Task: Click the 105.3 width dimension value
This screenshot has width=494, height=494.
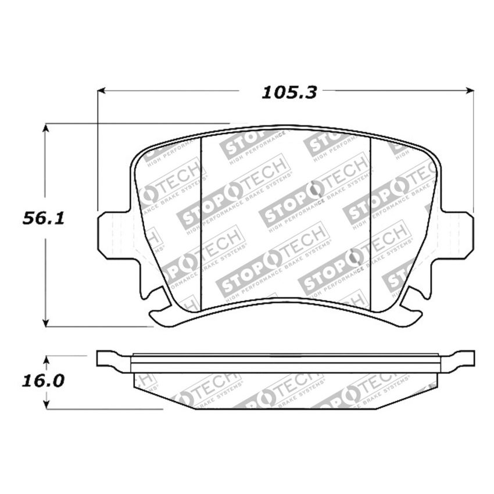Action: tap(288, 92)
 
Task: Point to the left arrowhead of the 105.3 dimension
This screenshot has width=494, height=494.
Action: tap(101, 91)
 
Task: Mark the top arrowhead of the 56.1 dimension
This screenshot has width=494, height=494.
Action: tap(45, 127)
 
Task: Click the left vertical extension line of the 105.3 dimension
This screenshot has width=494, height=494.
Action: tap(98, 151)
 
